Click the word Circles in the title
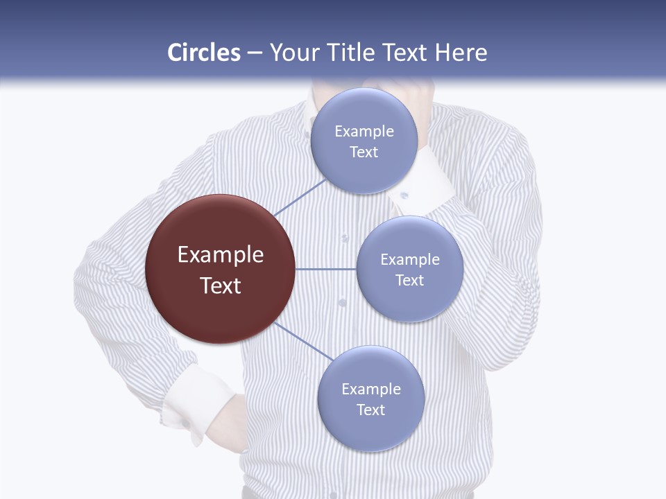(204, 53)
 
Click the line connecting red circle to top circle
(300, 198)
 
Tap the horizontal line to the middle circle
(326, 269)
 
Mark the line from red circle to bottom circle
(303, 342)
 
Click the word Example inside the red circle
(221, 255)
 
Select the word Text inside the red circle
(221, 286)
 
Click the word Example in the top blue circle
(364, 132)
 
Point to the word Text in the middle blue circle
(409, 280)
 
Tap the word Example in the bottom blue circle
(370, 389)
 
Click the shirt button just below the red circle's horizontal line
(342, 303)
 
